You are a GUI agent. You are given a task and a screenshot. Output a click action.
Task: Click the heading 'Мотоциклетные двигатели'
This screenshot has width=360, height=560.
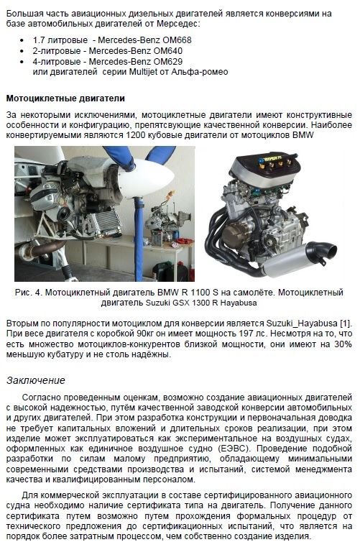pyautogui.click(x=65, y=98)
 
